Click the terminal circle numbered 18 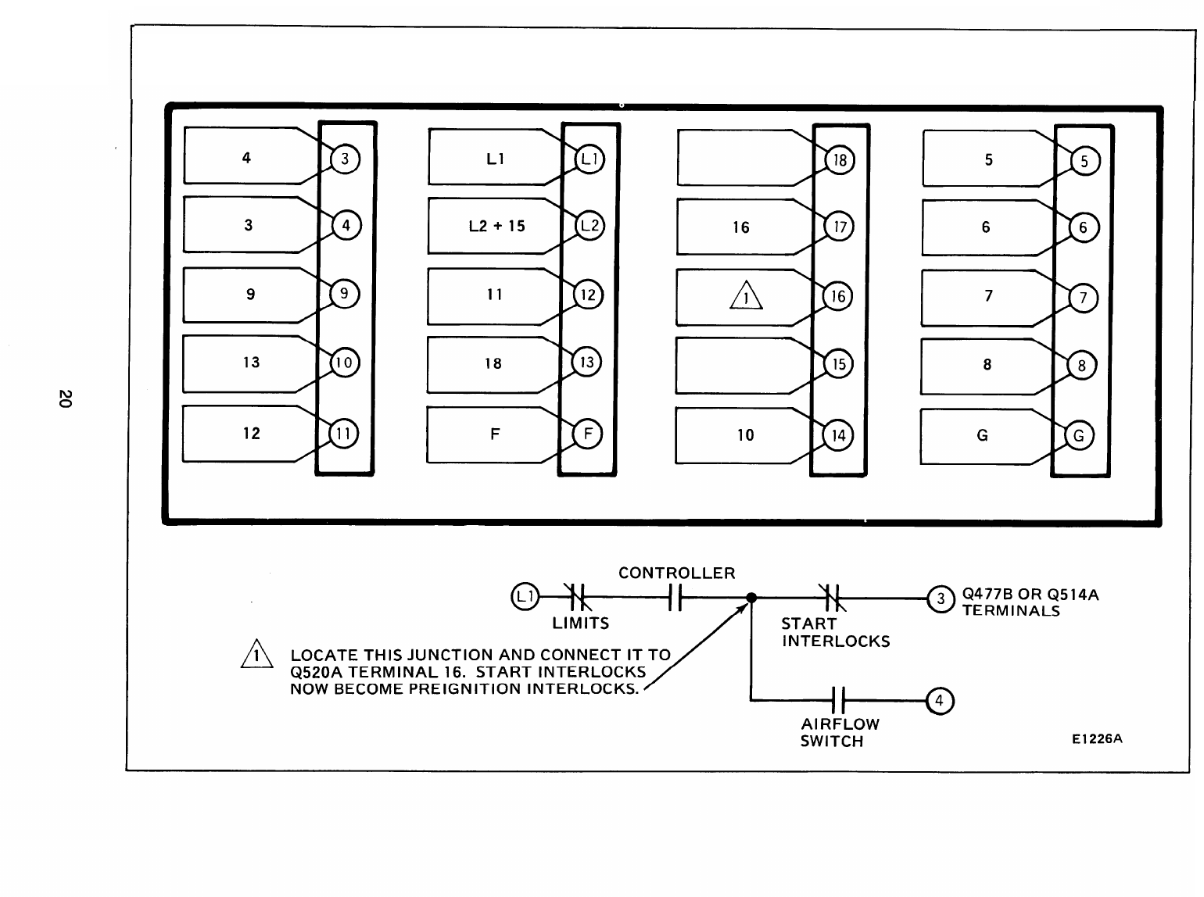click(840, 161)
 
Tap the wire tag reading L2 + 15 click(496, 227)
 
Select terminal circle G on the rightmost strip click(1079, 436)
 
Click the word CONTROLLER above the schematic click(676, 573)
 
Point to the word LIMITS click(580, 624)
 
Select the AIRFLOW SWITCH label click(839, 732)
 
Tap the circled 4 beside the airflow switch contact click(940, 701)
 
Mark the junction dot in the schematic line click(751, 599)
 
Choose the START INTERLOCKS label click(834, 632)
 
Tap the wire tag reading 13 click(251, 363)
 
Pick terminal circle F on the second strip click(587, 434)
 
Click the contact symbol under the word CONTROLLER click(676, 599)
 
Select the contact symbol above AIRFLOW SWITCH click(839, 700)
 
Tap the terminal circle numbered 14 click(838, 435)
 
